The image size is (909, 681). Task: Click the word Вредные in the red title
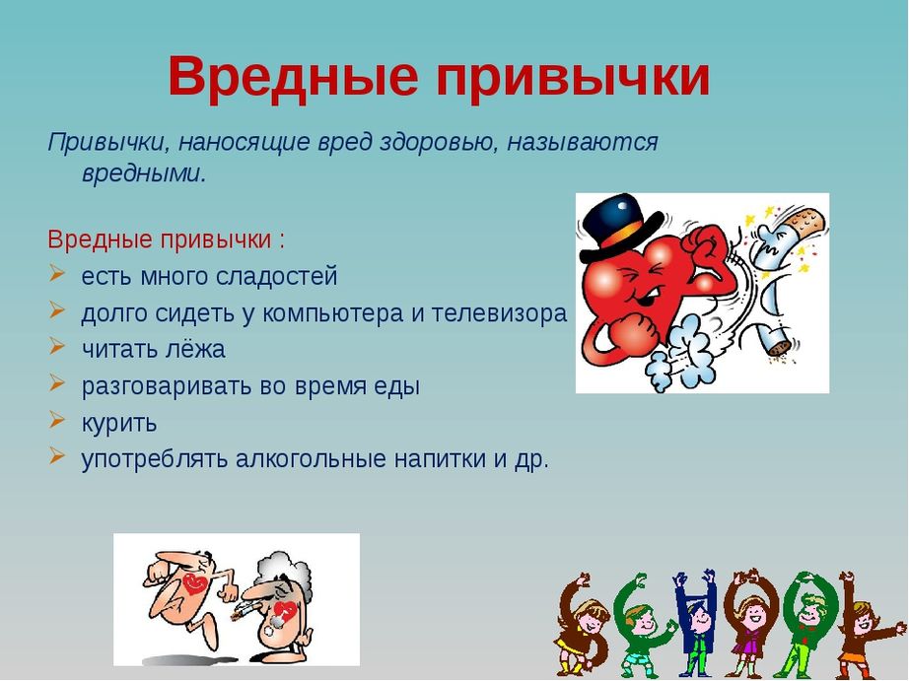click(294, 77)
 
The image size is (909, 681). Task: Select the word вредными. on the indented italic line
click(144, 173)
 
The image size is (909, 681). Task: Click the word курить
click(119, 423)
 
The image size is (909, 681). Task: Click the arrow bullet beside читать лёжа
click(57, 346)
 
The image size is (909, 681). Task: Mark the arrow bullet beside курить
click(57, 419)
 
